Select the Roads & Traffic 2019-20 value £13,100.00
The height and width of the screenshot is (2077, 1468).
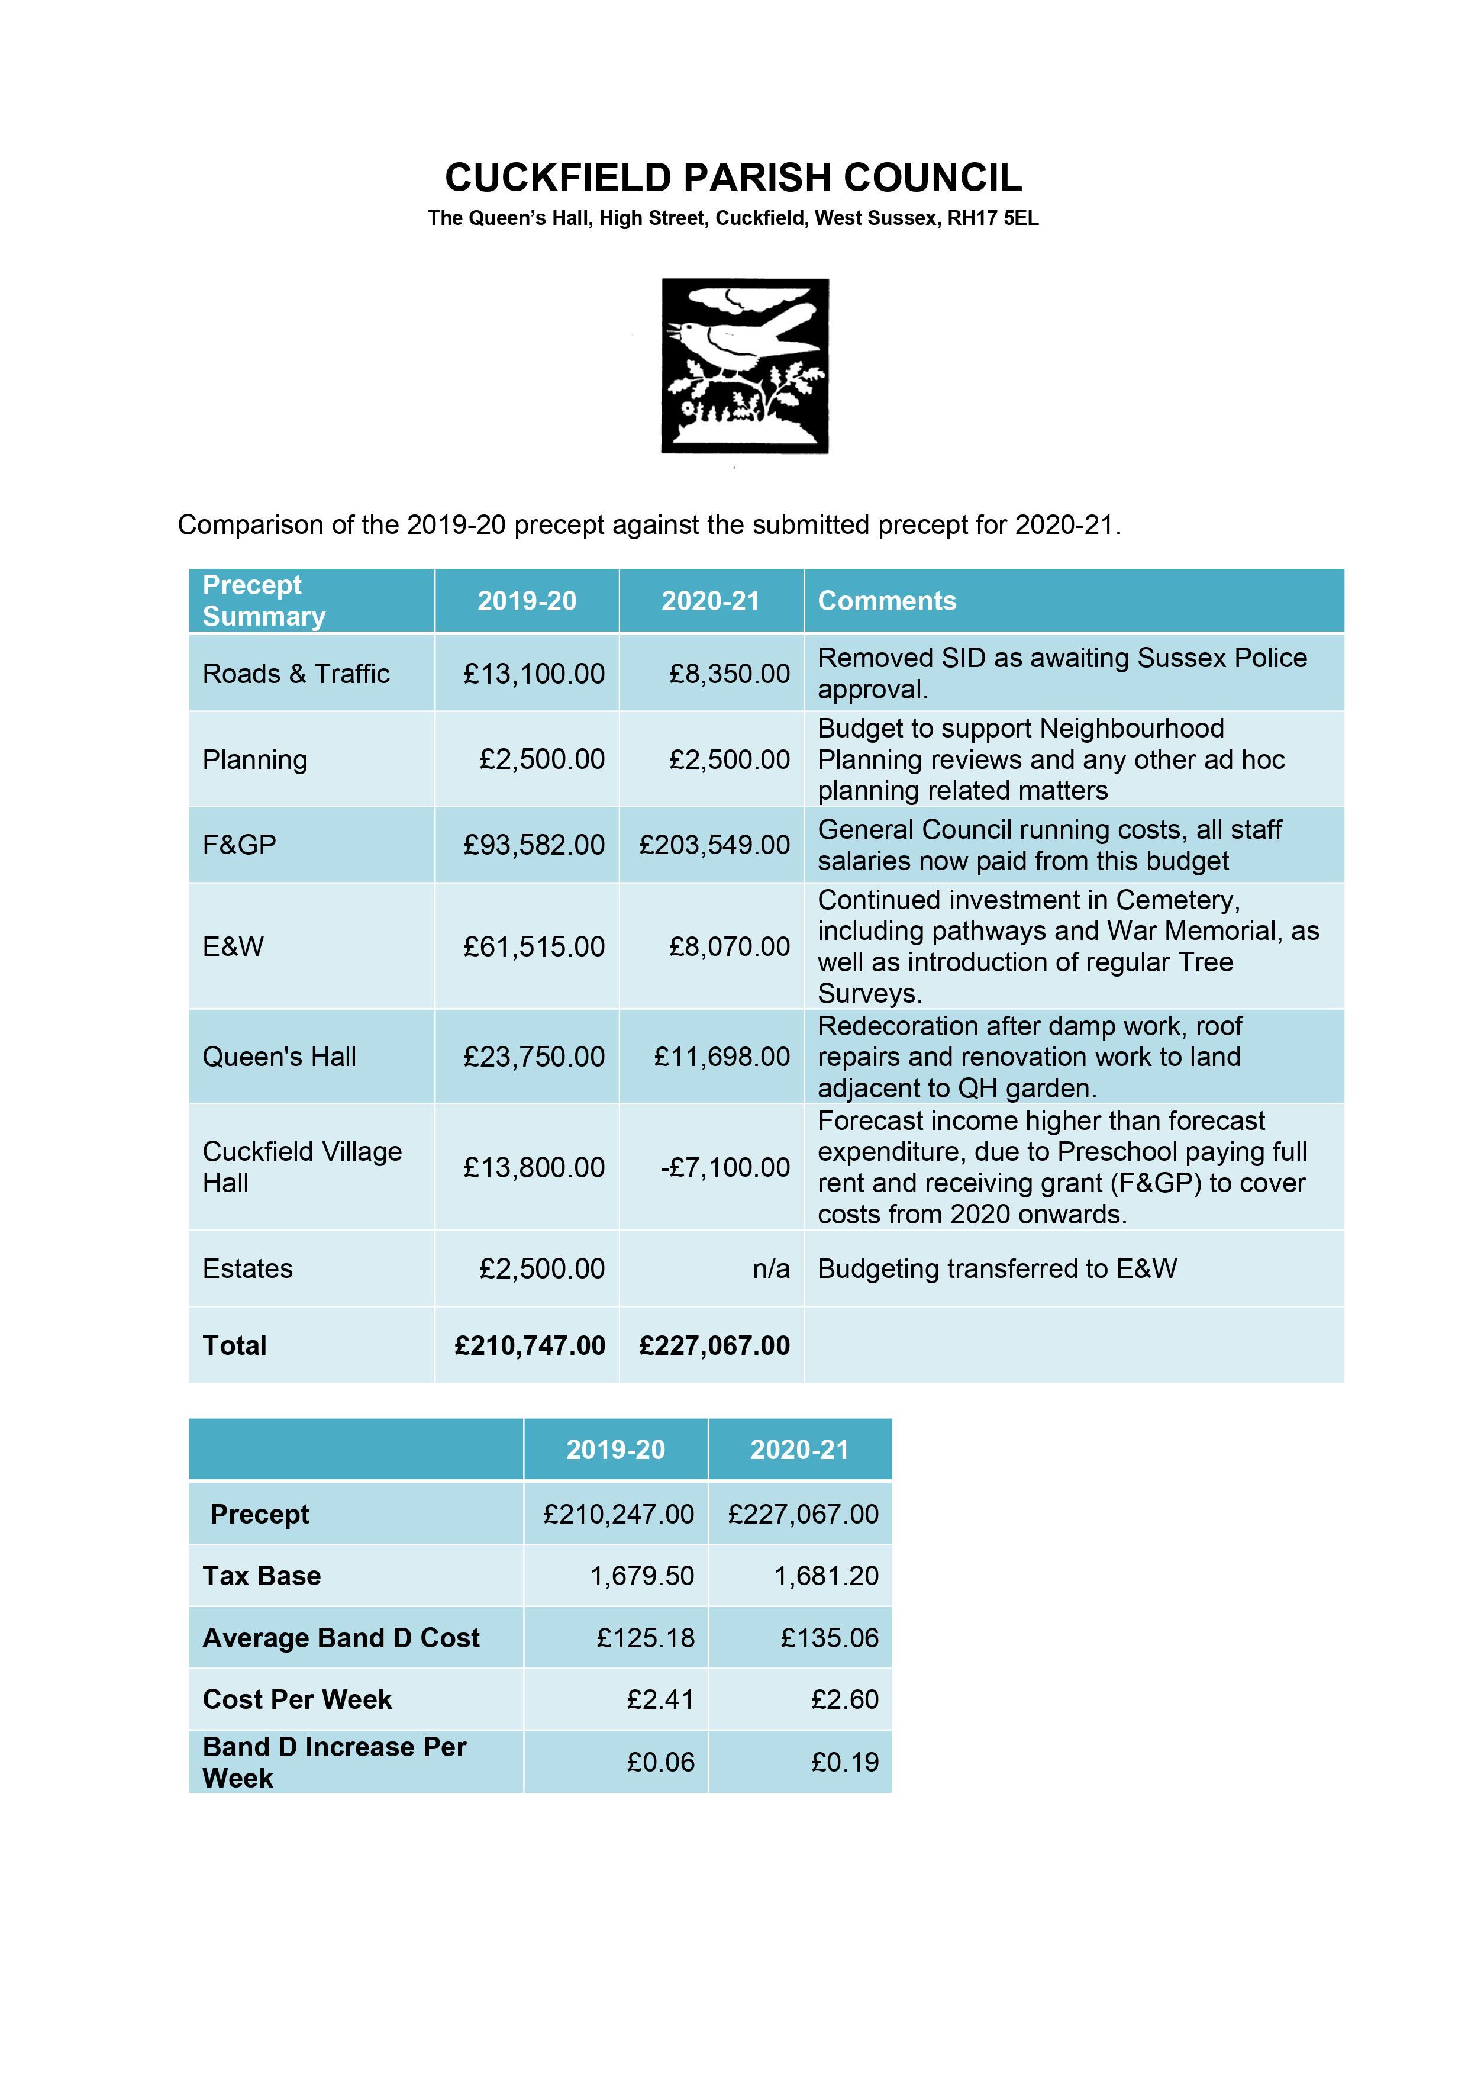(534, 674)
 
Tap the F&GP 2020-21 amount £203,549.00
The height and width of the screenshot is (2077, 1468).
(715, 845)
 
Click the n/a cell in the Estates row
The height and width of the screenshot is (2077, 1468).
(770, 1269)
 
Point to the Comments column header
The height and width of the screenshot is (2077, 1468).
(886, 601)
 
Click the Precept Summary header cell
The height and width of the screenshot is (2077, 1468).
(263, 601)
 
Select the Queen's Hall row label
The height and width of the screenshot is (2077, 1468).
(279, 1057)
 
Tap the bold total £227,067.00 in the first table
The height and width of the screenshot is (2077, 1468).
(715, 1346)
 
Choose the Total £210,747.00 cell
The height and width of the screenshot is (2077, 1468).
(530, 1346)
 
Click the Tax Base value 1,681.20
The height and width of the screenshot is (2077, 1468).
(826, 1576)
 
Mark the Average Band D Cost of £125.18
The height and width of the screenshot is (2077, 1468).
(646, 1638)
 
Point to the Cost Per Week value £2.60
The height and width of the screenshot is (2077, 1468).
(845, 1700)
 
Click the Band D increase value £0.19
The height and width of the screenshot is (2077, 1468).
(845, 1762)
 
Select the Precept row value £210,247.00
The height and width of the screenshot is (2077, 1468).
(619, 1514)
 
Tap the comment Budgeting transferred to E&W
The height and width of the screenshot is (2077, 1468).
(997, 1269)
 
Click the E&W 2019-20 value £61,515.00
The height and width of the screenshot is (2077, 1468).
(534, 947)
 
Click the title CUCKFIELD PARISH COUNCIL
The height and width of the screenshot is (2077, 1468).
(734, 178)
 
